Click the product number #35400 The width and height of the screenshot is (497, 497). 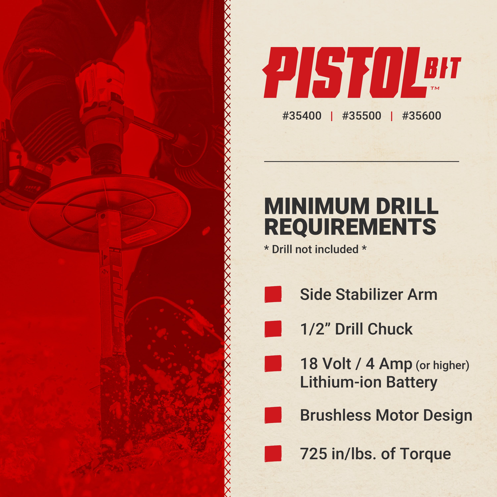302,116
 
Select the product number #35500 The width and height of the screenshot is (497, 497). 361,116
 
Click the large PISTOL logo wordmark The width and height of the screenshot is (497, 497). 342,73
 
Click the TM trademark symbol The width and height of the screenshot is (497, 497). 435,88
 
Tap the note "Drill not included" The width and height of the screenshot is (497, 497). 315,249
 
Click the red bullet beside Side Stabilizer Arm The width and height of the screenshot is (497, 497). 273,294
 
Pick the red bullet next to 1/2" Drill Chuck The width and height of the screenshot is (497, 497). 273,329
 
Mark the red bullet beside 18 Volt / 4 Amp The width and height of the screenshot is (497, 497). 273,363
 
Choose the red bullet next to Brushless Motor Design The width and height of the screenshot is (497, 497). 273,415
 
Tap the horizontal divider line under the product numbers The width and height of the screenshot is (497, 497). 361,162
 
